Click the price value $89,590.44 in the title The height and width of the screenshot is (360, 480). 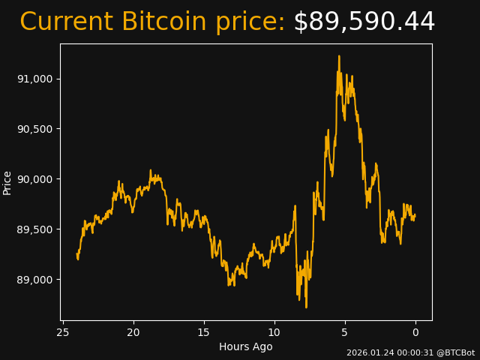pyautogui.click(x=364, y=22)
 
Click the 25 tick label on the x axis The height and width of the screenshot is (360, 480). pyautogui.click(x=63, y=333)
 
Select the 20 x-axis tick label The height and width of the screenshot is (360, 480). pyautogui.click(x=133, y=333)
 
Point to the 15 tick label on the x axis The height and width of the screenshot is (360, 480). pyautogui.click(x=204, y=333)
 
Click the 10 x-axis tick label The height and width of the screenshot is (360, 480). pyautogui.click(x=274, y=333)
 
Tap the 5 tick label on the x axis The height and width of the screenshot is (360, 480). pyautogui.click(x=345, y=333)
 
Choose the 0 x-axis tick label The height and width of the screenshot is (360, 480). pyautogui.click(x=415, y=333)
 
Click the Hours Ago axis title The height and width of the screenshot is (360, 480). pyautogui.click(x=246, y=346)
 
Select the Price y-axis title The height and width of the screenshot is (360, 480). pyautogui.click(x=7, y=182)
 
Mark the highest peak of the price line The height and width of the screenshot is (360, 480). pyautogui.click(x=339, y=55)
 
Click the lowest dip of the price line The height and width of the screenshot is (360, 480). pyautogui.click(x=306, y=307)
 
